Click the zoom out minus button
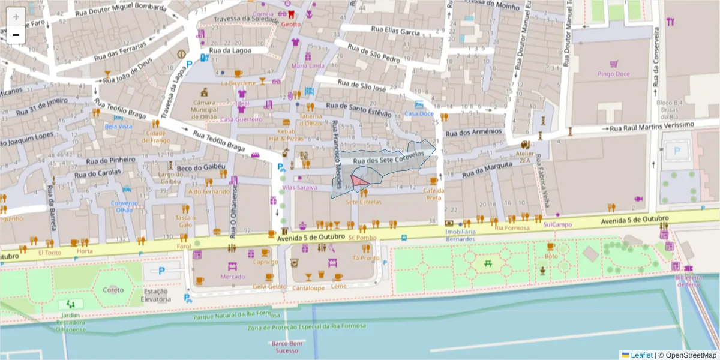(16, 35)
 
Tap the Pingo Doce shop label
(613, 74)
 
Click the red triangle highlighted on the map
(359, 181)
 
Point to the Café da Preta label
(433, 194)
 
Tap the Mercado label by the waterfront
(232, 277)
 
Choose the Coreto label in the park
(113, 290)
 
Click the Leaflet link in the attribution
(641, 355)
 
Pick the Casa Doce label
(419, 113)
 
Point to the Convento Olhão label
(124, 206)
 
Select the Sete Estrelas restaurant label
(364, 202)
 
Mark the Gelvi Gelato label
(269, 287)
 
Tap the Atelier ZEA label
(524, 157)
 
